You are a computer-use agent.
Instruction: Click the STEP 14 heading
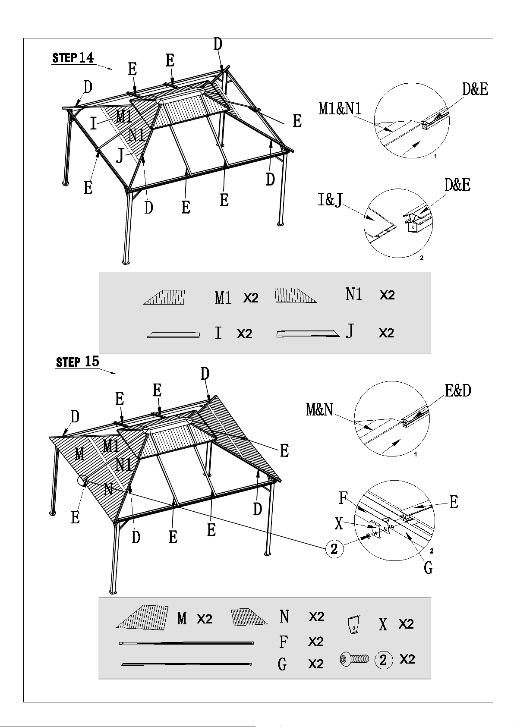73,58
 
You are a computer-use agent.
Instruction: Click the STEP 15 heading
77,362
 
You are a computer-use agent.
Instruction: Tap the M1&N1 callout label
340,108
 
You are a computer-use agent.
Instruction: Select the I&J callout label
330,200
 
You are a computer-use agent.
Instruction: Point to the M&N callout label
320,409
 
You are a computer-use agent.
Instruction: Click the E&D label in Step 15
458,390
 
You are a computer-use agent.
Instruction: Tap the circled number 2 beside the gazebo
334,549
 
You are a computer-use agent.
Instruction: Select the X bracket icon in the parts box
354,624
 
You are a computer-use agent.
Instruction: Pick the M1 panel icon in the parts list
164,297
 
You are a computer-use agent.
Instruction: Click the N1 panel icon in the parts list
296,295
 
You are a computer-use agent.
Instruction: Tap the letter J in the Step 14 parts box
350,331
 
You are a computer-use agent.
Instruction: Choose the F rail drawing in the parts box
186,642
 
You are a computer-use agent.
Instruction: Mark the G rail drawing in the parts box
186,664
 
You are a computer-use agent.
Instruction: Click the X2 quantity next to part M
205,619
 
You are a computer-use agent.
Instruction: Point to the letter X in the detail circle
339,523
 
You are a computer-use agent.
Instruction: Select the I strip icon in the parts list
174,334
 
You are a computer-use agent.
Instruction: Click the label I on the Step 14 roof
94,124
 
